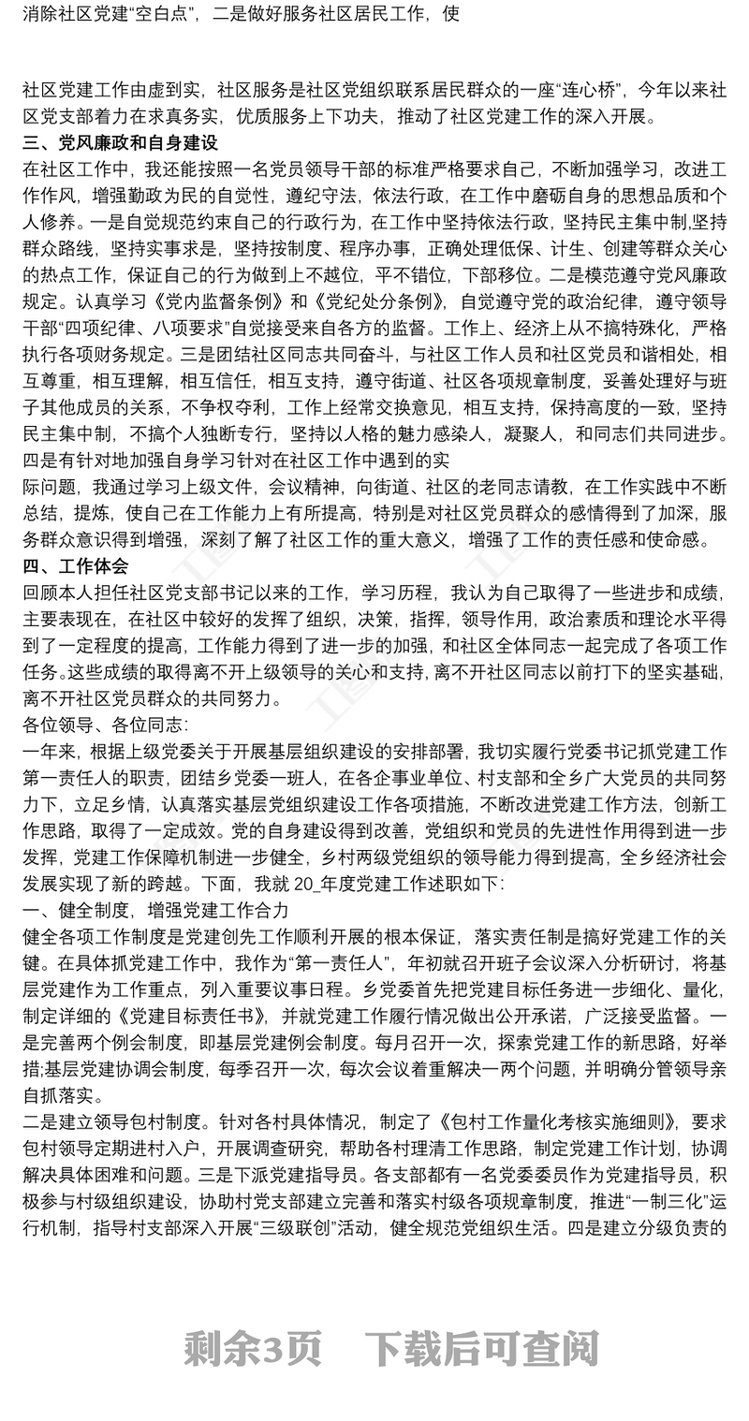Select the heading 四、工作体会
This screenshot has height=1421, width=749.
point(76,566)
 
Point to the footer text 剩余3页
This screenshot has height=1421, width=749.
point(253,1350)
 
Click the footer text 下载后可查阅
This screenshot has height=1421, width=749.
point(481,1350)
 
